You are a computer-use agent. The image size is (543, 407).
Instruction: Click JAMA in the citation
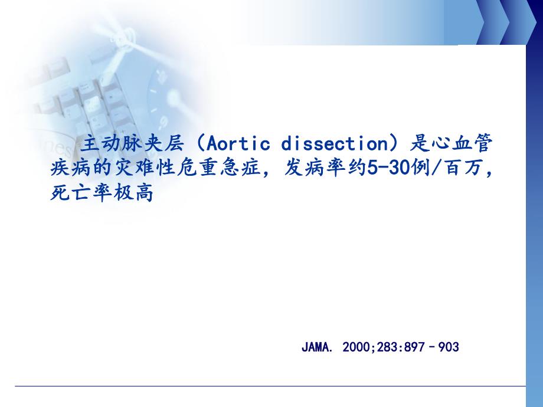tap(315, 347)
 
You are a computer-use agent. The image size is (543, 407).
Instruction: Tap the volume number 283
tap(389, 347)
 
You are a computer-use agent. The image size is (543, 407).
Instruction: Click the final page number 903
tap(449, 347)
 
